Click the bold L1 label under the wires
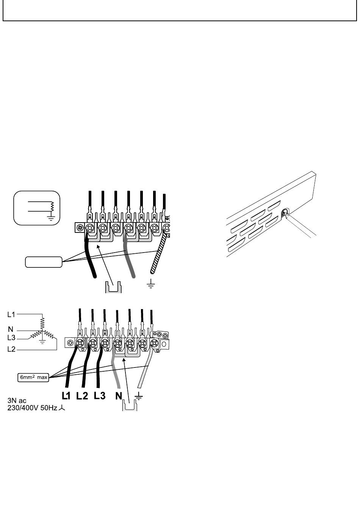pos(66,396)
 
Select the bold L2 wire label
pos(82,396)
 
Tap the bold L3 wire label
pos(100,396)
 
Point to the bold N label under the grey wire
pos(119,396)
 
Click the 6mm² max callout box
pos(33,377)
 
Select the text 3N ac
pos(17,400)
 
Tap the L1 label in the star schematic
pos(11,315)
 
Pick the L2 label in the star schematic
pos(11,349)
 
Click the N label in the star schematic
pos(11,330)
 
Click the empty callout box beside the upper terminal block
pos(44,262)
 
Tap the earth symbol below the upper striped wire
pos(151,284)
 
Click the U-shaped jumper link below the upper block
pos(113,287)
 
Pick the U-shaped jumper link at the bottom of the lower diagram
pos(130,405)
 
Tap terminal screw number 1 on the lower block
pos(80,343)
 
